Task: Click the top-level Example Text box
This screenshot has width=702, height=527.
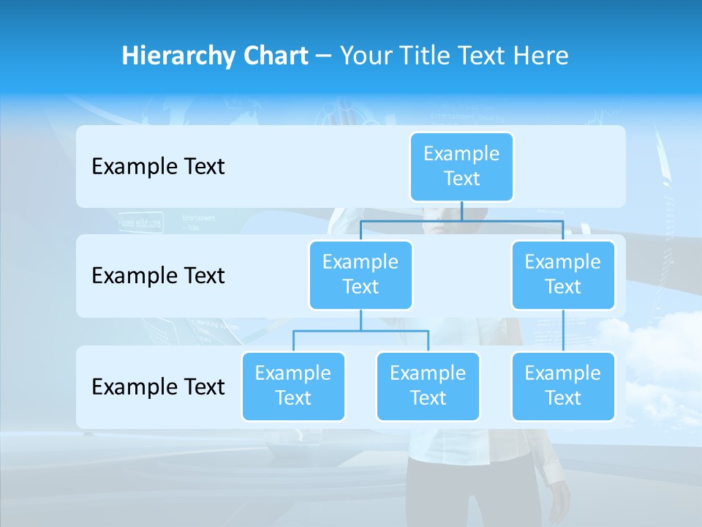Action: point(461,166)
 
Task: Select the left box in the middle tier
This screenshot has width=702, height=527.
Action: point(361,274)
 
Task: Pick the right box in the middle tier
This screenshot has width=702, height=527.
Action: point(563,274)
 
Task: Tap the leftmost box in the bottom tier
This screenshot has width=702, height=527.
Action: point(293,386)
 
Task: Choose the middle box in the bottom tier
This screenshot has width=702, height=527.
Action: point(428,386)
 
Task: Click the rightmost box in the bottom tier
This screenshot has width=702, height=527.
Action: point(563,386)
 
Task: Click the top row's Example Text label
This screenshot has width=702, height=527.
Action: point(158,166)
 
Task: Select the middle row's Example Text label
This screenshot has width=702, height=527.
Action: point(158,275)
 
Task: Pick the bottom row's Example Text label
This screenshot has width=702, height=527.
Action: point(158,386)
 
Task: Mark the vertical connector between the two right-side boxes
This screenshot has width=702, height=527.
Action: point(563,330)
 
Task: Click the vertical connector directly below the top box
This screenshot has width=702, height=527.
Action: point(461,211)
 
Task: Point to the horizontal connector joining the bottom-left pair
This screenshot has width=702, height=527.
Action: point(361,331)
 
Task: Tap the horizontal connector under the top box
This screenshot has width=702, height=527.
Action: point(512,220)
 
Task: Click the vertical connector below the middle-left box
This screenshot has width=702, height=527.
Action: point(361,320)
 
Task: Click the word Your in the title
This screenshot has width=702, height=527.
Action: point(366,56)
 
